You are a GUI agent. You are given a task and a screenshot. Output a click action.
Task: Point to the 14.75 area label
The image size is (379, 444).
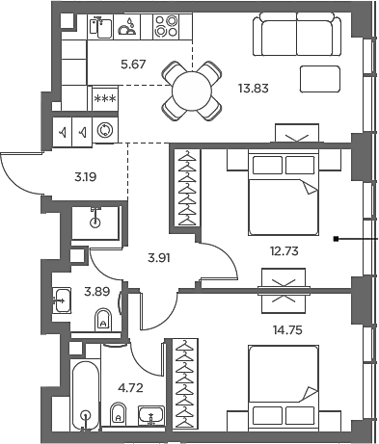tap(283, 327)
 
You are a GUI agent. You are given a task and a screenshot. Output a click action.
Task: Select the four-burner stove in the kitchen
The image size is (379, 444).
tap(167, 26)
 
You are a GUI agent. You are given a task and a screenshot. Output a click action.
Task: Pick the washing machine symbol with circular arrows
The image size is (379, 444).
tap(105, 130)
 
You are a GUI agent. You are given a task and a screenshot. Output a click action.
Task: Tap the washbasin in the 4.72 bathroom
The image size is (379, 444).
tap(151, 416)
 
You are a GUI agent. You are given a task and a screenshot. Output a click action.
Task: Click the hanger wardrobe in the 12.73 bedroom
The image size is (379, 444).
tap(185, 188)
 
